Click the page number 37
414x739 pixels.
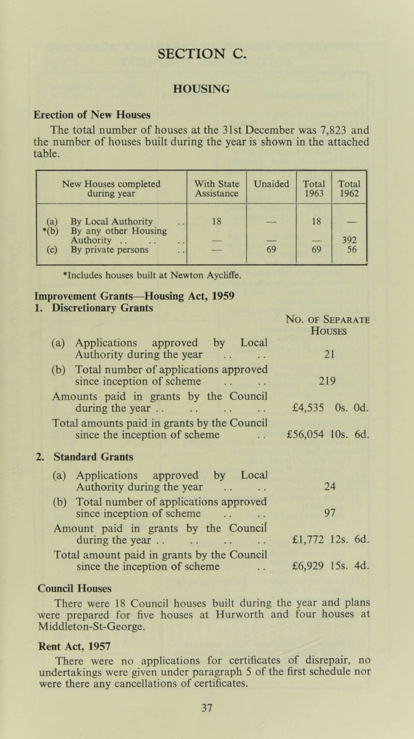click(x=206, y=719)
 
